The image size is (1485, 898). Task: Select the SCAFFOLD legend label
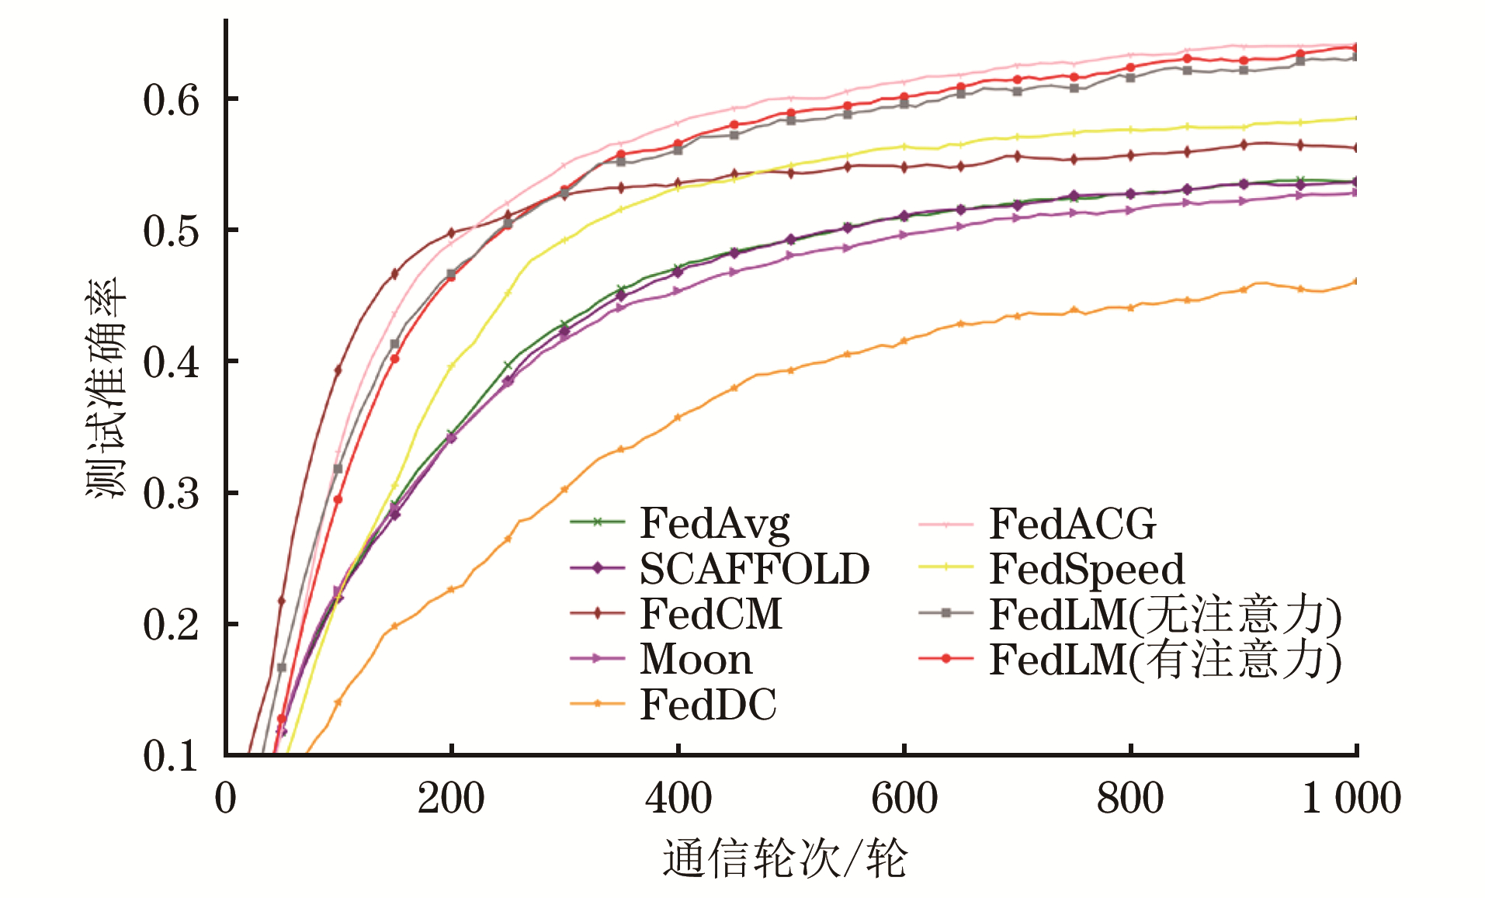[754, 569]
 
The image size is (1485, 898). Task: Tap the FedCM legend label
[710, 614]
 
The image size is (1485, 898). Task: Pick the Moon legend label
[696, 660]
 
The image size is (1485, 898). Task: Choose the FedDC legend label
[708, 705]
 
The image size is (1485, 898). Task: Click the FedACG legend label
[1072, 524]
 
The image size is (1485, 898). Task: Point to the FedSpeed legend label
[1087, 569]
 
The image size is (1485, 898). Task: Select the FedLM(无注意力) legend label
[1164, 615]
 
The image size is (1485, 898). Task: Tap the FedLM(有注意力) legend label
[1164, 660]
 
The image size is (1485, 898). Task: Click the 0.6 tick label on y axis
[171, 100]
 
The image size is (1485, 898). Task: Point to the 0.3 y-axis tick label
[171, 494]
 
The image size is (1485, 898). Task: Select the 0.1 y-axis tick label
[171, 756]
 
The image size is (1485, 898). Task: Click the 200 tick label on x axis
[451, 799]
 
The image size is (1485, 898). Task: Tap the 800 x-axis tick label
[1129, 799]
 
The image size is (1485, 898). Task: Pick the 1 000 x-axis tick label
[1351, 799]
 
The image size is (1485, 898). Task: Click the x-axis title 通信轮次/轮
[785, 859]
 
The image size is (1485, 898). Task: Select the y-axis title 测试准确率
[105, 388]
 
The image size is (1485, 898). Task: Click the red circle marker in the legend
[945, 659]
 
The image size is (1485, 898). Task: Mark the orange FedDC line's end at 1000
[1355, 281]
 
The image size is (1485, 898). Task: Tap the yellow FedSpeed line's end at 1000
[1355, 118]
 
